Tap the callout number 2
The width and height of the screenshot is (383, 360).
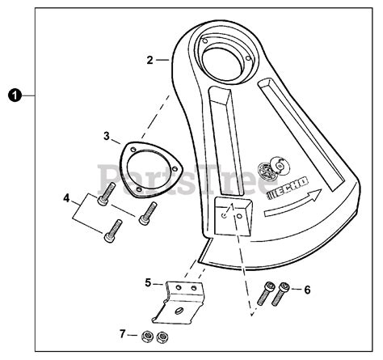[150, 59]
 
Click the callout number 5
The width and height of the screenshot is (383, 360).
[148, 283]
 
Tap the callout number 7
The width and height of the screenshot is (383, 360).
[123, 332]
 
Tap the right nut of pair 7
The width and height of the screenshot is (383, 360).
[165, 337]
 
